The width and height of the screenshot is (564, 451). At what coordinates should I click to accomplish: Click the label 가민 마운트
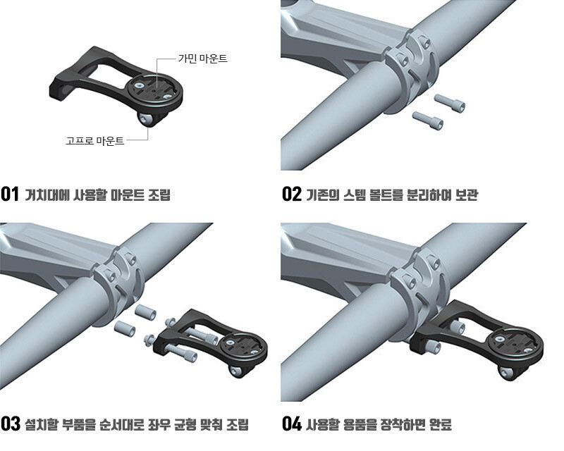[203, 58]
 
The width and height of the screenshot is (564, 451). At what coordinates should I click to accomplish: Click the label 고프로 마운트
[95, 140]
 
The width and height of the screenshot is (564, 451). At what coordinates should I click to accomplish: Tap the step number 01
[10, 194]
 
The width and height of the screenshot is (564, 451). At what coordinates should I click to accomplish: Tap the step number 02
[292, 194]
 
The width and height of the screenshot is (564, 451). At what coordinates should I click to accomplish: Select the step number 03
[11, 424]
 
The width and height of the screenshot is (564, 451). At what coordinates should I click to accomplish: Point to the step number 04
[292, 424]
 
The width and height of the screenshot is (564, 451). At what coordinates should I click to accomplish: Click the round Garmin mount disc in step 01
[154, 90]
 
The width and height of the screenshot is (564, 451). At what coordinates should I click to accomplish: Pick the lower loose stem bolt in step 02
[427, 120]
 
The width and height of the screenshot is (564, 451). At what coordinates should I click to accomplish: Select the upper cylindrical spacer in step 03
[145, 311]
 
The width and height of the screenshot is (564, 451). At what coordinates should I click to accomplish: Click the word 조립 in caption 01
[159, 194]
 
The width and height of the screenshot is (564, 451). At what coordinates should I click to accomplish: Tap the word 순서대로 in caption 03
[121, 424]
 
